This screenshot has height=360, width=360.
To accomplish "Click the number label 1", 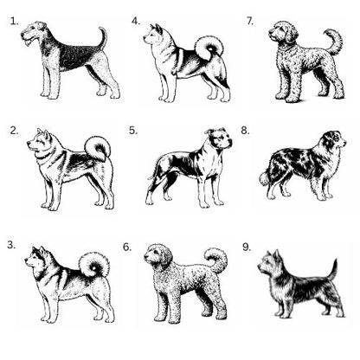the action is pos(14,22).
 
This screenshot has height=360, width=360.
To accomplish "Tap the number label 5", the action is pos(133,131).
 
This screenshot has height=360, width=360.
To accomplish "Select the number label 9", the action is pos(247,247).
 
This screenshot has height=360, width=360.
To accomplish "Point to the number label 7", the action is pos(250,21).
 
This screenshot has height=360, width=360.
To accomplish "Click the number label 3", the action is pos(11,245).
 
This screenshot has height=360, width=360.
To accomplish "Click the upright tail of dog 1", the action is pos(103,37).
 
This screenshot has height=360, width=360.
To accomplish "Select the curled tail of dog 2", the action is pos(98,149).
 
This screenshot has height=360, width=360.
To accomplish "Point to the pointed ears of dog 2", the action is pos(43,133).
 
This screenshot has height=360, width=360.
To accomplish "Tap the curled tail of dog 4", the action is pos(209,47).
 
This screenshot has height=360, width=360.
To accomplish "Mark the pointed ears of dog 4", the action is pos(156,29).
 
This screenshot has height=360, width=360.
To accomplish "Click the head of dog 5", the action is pos(219,139).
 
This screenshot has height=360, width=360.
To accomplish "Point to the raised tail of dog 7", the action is pos(334,41).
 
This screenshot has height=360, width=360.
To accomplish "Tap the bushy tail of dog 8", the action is pos(266,177).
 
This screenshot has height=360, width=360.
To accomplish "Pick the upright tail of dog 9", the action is pos(334,270).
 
